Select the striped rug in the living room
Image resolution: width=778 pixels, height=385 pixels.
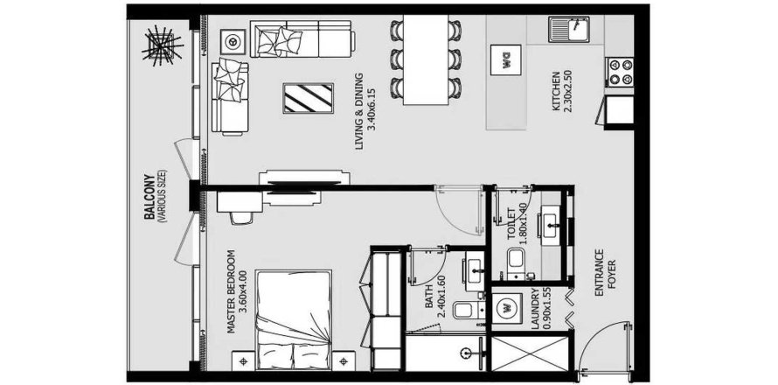tap(308, 97)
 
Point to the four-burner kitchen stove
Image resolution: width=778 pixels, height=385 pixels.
tap(618, 72)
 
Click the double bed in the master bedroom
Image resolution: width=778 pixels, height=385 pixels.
tap(295, 319)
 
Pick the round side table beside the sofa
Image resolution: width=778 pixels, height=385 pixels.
tap(233, 40)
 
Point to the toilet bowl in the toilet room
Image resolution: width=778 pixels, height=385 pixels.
tap(515, 259)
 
